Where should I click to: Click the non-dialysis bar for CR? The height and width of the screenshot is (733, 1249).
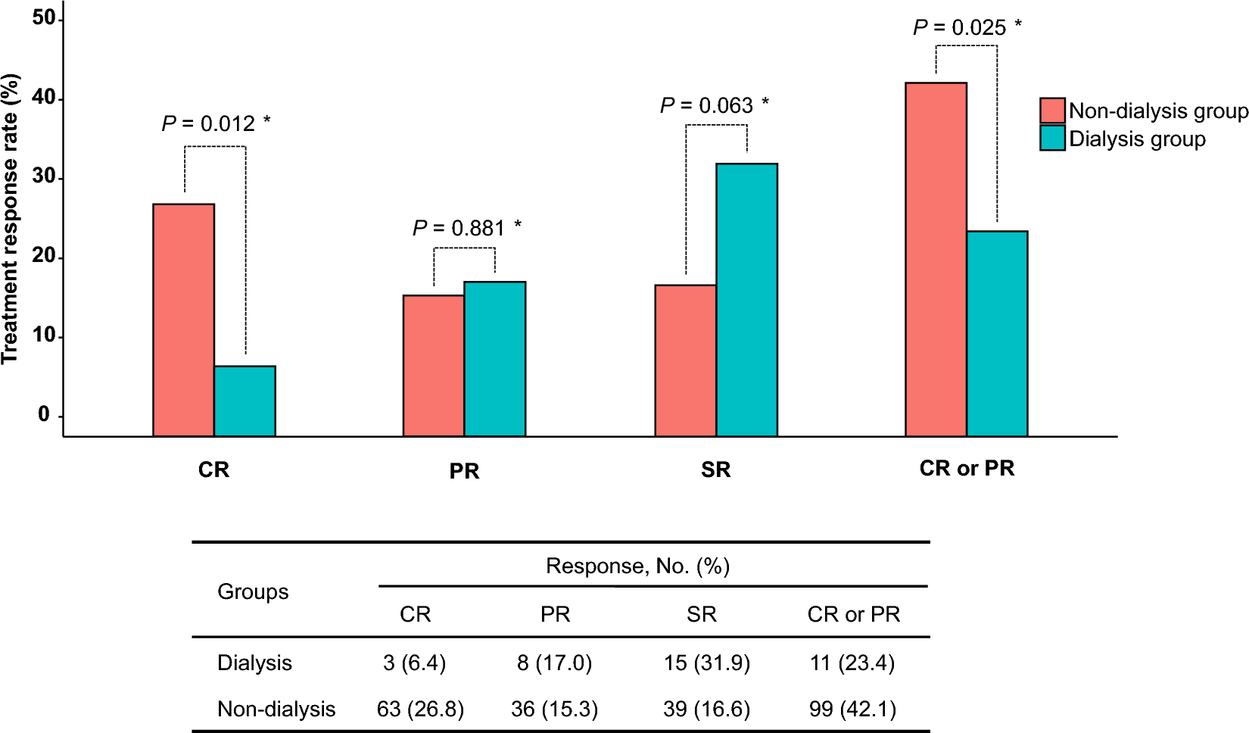tap(183, 320)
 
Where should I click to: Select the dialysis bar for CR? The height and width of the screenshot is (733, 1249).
tap(245, 401)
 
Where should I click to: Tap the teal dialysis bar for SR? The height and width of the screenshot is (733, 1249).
tap(746, 300)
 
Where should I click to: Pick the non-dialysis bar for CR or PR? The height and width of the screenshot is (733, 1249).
tap(936, 259)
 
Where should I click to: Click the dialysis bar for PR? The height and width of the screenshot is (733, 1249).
tap(494, 359)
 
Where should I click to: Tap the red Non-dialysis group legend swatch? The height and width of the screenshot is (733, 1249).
tap(1052, 111)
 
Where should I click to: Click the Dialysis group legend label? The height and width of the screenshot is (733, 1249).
tap(1137, 139)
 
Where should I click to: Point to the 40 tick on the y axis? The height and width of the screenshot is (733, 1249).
tap(44, 98)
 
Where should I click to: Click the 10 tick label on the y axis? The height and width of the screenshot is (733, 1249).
tap(44, 335)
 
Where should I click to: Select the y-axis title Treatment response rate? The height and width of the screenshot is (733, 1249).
tap(11, 220)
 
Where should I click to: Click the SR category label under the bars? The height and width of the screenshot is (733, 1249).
tap(715, 469)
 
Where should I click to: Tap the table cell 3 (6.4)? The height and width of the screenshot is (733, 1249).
tap(414, 663)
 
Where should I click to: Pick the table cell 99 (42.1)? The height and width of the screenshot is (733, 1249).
tap(852, 709)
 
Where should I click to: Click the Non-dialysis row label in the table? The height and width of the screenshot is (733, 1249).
tap(276, 709)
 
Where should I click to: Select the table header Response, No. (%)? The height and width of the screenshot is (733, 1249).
tap(637, 566)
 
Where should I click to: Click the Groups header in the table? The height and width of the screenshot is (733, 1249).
tap(253, 591)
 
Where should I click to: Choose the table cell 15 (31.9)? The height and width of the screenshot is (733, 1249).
tap(706, 663)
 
